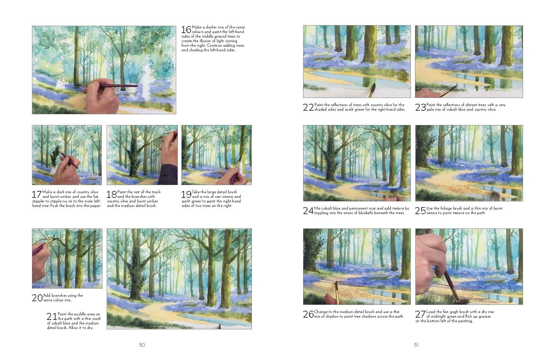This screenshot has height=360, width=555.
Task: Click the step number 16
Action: coord(186,30)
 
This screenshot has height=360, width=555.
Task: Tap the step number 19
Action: coord(186,195)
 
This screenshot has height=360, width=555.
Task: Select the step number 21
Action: coord(52,317)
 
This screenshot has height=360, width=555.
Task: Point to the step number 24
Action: coord(308,211)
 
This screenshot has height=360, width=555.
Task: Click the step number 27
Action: coord(421,314)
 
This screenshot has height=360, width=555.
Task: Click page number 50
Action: coord(142,345)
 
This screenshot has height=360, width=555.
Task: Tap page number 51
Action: coord(416,345)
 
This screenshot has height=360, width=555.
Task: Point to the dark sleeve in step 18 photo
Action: coord(168,175)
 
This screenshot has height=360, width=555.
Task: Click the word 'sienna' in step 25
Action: coord(433,213)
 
